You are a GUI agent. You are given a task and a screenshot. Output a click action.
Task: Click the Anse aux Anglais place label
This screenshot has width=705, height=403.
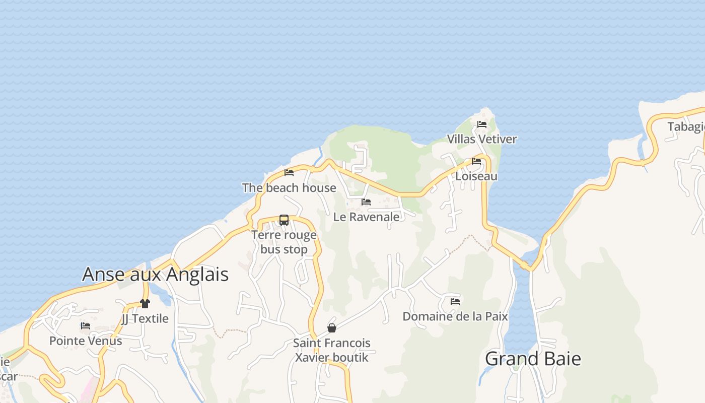click(155, 275)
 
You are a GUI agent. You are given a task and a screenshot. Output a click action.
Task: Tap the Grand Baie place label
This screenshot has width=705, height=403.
click(533, 359)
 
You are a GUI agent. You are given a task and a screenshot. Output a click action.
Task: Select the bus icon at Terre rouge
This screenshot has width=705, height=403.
click(284, 220)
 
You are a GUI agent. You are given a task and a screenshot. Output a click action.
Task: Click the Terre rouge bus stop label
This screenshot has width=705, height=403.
click(284, 242)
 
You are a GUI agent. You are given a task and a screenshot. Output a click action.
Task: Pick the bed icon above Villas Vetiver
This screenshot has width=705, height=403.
click(482, 124)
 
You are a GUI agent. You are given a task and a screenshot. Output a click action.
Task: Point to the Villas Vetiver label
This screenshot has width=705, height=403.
click(482, 139)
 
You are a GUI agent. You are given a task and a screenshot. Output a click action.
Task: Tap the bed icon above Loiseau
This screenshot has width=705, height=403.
click(476, 161)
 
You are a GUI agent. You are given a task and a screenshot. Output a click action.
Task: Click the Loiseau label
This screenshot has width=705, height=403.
click(476, 176)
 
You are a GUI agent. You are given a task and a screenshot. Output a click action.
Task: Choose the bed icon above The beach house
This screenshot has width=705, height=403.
click(289, 173)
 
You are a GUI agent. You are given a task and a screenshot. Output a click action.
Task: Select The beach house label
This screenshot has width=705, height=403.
click(289, 188)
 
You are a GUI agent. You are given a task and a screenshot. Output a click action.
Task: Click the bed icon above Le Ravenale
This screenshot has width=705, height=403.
click(366, 202)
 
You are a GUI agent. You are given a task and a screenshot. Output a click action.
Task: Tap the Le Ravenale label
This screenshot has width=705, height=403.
click(366, 217)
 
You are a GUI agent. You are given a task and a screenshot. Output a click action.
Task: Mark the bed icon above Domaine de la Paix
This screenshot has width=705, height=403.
click(455, 301)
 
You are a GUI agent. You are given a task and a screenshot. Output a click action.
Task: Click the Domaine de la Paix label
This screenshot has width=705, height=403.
click(455, 316)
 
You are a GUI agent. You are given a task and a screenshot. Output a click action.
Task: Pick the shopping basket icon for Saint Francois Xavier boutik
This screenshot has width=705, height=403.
click(332, 328)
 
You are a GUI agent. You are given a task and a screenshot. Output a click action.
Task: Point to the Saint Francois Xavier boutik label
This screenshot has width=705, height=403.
click(332, 350)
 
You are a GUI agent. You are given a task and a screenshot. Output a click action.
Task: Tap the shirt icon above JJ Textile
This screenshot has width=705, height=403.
click(145, 303)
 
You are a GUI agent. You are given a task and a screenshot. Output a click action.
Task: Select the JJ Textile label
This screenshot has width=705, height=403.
click(145, 318)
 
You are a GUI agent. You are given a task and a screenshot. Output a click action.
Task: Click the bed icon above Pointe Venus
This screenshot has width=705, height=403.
click(86, 326)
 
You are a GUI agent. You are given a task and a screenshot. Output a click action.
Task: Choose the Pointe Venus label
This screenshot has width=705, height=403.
click(86, 341)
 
